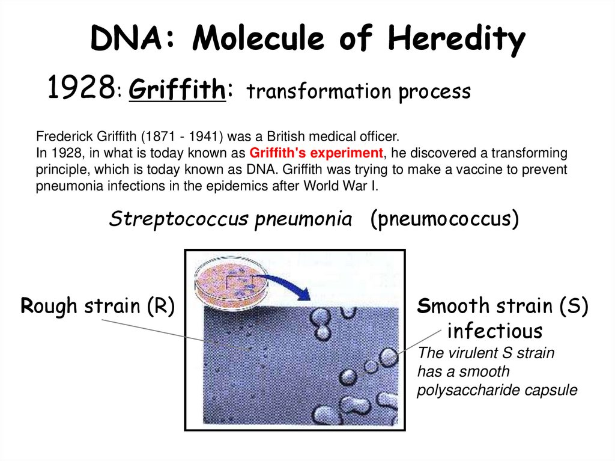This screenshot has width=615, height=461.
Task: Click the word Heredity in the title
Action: pyautogui.click(x=456, y=40)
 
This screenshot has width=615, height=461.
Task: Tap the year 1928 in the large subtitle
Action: pyautogui.click(x=80, y=90)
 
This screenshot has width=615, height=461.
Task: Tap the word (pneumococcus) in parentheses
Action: pyautogui.click(x=444, y=219)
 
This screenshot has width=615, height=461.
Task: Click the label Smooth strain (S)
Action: pyautogui.click(x=502, y=306)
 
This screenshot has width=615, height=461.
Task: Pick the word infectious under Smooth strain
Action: pyautogui.click(x=495, y=331)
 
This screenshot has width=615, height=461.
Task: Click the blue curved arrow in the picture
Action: pyautogui.click(x=282, y=282)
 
